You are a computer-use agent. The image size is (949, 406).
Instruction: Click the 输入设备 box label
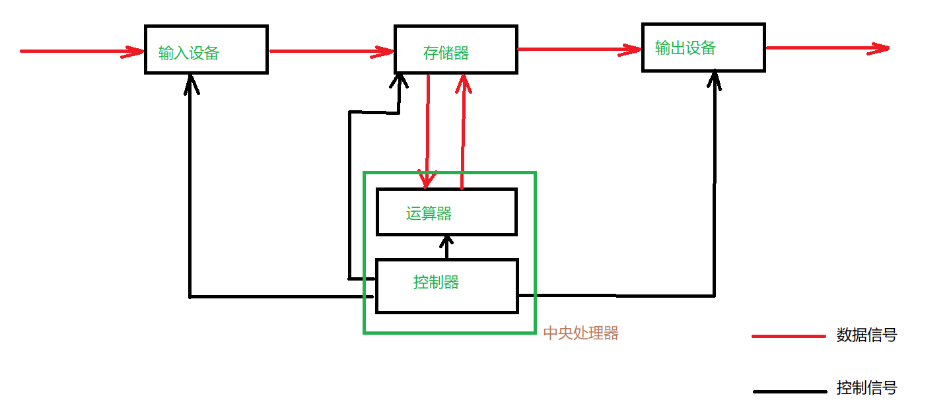[188, 53]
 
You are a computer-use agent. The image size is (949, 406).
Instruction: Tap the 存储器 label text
[446, 53]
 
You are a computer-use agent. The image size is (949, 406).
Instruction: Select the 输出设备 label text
[685, 48]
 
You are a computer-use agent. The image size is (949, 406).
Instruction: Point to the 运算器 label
[429, 213]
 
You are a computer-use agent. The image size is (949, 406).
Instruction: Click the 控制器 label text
[436, 283]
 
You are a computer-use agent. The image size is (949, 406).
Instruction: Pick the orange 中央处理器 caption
[580, 333]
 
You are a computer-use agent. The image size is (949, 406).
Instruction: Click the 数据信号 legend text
[866, 335]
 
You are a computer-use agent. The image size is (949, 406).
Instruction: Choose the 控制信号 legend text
[866, 388]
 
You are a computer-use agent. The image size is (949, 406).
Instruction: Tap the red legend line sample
[789, 336]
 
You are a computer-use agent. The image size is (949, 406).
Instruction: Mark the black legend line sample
[789, 391]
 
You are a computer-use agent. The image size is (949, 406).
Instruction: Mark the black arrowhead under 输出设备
[715, 81]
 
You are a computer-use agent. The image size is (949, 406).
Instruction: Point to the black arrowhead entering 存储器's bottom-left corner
[400, 81]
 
